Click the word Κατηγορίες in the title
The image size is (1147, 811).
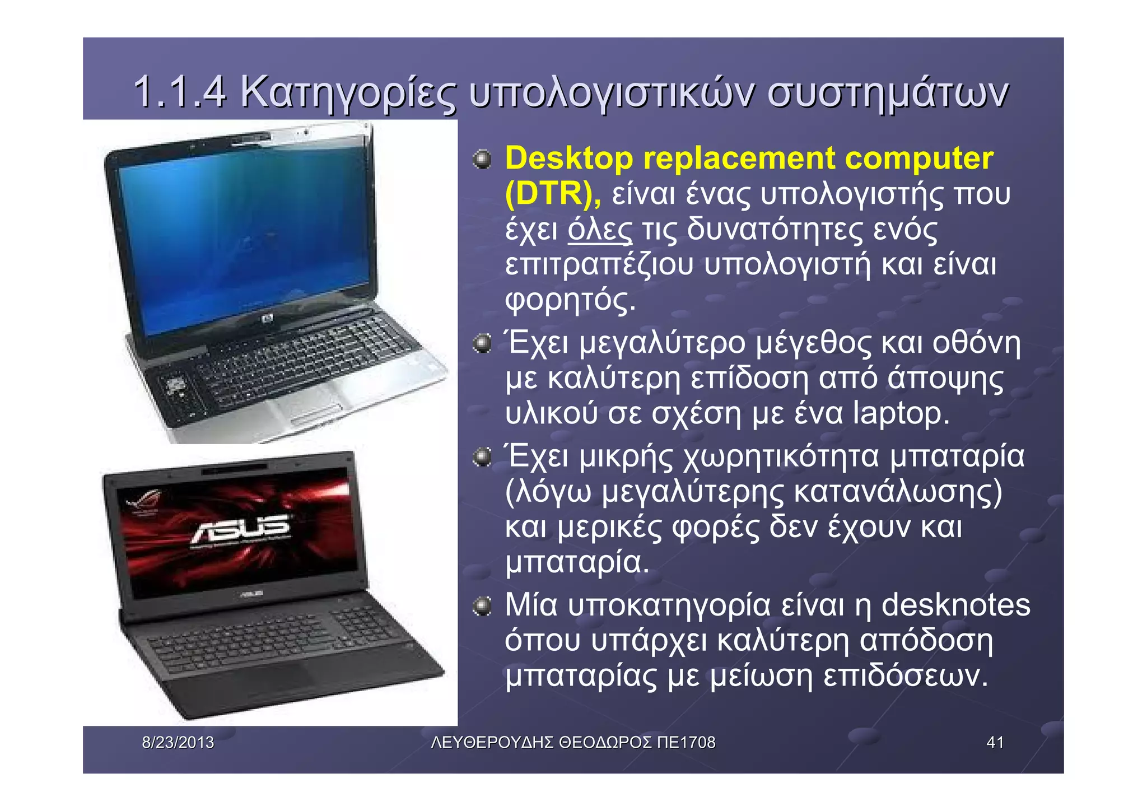click(348, 92)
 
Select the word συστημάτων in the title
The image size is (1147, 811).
click(887, 92)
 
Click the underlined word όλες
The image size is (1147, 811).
click(600, 230)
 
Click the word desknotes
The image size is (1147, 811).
click(955, 605)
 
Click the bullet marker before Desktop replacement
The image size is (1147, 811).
click(481, 160)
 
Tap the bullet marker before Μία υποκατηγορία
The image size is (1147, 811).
click(481, 606)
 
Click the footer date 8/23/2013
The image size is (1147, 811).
click(178, 743)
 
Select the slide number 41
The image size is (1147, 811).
click(995, 743)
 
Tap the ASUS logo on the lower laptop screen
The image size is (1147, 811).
click(241, 529)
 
